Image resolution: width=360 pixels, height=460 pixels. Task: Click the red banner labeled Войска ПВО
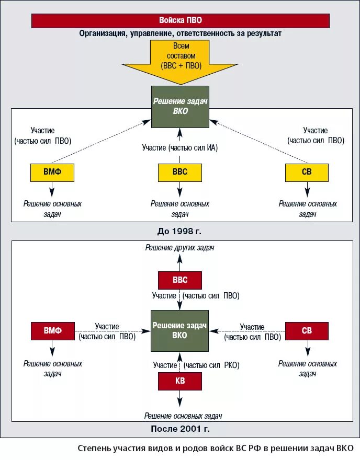pos(180,21)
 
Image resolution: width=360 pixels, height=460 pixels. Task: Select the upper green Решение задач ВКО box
pos(180,107)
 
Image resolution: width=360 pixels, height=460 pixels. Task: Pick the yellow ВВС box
pos(180,172)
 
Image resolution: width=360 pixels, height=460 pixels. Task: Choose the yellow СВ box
pos(307,172)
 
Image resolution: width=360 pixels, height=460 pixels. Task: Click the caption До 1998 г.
pos(179,231)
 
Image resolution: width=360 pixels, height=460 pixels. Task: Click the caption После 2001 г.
pos(179,429)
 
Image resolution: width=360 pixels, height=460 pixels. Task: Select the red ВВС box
pos(180,280)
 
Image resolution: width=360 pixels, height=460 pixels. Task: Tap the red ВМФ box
pos(52,331)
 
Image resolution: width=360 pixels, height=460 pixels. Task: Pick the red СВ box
pos(307,331)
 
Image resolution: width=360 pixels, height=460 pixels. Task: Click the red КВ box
pos(180,382)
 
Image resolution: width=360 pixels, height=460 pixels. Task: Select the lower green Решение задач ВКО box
pos(180,330)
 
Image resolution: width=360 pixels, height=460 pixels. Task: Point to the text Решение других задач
pos(180,248)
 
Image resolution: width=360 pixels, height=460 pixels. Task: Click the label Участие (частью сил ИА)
pos(180,148)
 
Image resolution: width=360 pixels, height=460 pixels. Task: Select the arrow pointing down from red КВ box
pos(180,399)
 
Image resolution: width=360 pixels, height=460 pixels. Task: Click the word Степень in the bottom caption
pos(93,448)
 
